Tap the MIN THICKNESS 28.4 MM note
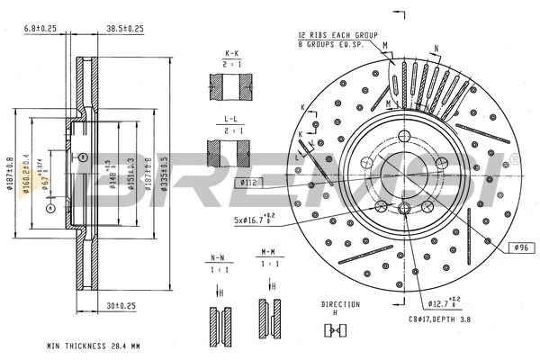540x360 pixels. point(93,346)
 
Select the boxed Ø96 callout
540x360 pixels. point(517,247)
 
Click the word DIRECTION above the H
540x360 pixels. point(340,304)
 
